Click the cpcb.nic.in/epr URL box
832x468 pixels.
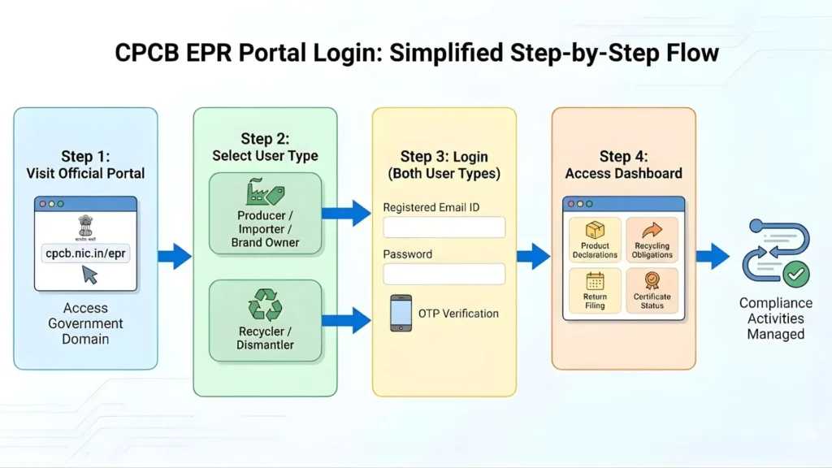pos(85,253)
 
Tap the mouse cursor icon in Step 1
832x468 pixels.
pos(89,275)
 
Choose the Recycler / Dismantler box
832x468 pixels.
pos(266,320)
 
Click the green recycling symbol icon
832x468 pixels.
pos(265,306)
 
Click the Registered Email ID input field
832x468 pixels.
pos(444,227)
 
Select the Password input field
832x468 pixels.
pos(444,274)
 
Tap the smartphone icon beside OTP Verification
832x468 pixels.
pos(401,313)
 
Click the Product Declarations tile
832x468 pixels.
pos(595,239)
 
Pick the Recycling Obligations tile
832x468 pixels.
pos(652,239)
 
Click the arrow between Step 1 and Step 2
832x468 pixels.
pos(174,257)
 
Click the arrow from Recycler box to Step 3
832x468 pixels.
pos(346,320)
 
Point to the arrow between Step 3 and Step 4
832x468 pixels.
pos(534,257)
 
